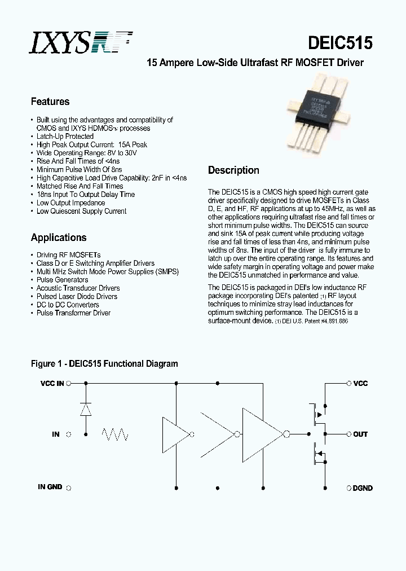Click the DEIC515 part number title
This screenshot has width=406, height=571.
pos(340,43)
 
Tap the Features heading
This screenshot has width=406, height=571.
pos(50,102)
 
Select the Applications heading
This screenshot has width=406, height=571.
pos(59,238)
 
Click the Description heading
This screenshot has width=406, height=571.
pos(233,170)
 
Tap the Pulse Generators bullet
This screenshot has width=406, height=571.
pos(62,279)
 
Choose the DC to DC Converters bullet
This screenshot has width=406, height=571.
pos(67,305)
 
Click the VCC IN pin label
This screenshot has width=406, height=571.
pos(52,384)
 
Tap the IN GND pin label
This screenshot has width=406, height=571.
pos(50,486)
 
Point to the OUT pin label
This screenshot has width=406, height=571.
pos(360,434)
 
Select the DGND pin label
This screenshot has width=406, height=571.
pos(362,487)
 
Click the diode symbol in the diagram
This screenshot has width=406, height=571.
pos(86,409)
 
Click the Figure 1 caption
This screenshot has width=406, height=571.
pos(104,364)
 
